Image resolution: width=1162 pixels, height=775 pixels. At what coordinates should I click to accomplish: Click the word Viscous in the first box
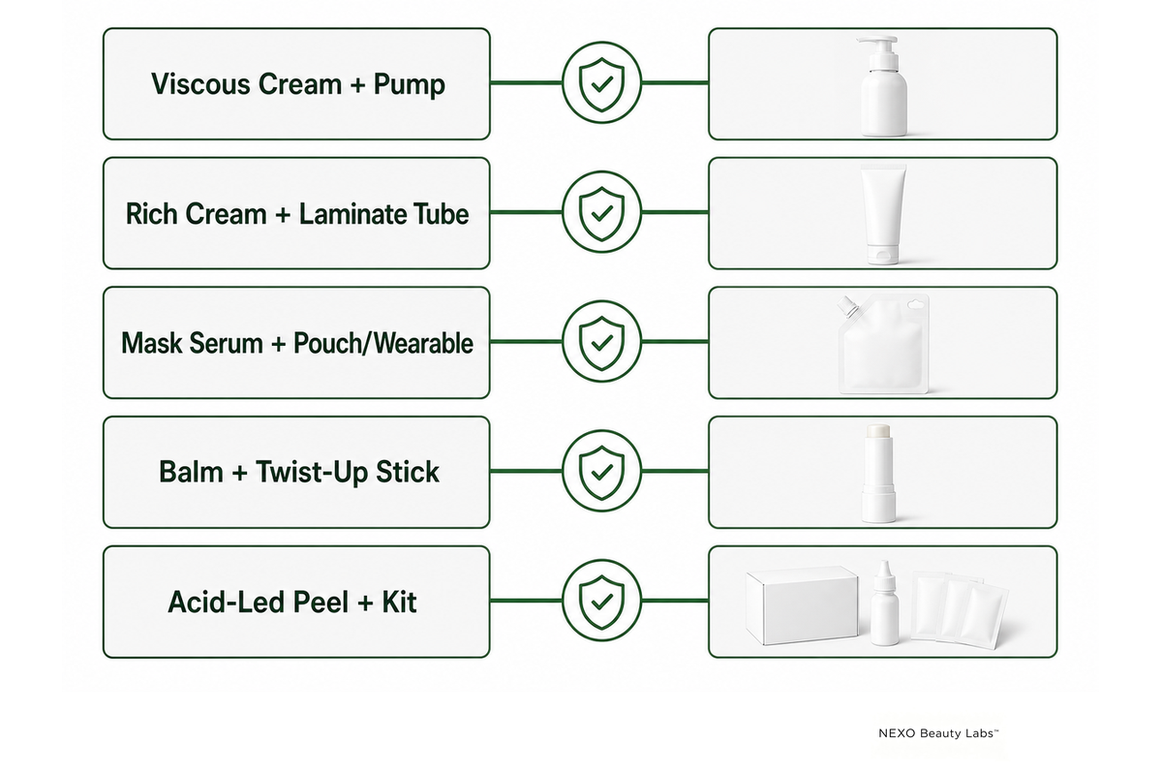pyautogui.click(x=200, y=83)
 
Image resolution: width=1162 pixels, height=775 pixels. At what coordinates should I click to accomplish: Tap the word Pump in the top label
pyautogui.click(x=409, y=84)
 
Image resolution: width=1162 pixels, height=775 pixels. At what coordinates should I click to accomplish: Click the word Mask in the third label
pyautogui.click(x=151, y=343)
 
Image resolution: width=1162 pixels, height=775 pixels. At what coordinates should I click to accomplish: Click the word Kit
pyautogui.click(x=399, y=602)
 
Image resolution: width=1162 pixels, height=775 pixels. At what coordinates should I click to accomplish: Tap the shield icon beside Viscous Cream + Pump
pyautogui.click(x=601, y=83)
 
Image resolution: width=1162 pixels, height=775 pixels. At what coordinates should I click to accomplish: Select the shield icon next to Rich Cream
pyautogui.click(x=601, y=213)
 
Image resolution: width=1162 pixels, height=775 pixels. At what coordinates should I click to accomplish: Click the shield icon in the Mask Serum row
pyautogui.click(x=601, y=343)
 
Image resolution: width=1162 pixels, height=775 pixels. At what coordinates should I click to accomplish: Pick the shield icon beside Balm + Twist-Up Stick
pyautogui.click(x=601, y=472)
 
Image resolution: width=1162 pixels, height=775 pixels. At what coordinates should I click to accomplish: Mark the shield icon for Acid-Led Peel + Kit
pyautogui.click(x=601, y=602)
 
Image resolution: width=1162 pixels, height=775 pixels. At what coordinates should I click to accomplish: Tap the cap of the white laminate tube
pyautogui.click(x=882, y=255)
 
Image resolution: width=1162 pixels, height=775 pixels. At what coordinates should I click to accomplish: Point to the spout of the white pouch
pyautogui.click(x=847, y=306)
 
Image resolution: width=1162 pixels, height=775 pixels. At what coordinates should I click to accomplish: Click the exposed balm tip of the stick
pyautogui.click(x=878, y=430)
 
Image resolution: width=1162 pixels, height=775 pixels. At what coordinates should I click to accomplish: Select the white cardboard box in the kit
pyautogui.click(x=802, y=605)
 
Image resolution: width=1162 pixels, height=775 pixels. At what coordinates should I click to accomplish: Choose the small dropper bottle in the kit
pyautogui.click(x=884, y=604)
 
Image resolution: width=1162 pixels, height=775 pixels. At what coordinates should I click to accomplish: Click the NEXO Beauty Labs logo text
pyautogui.click(x=938, y=733)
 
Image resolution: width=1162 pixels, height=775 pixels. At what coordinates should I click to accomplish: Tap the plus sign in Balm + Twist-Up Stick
pyautogui.click(x=239, y=473)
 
